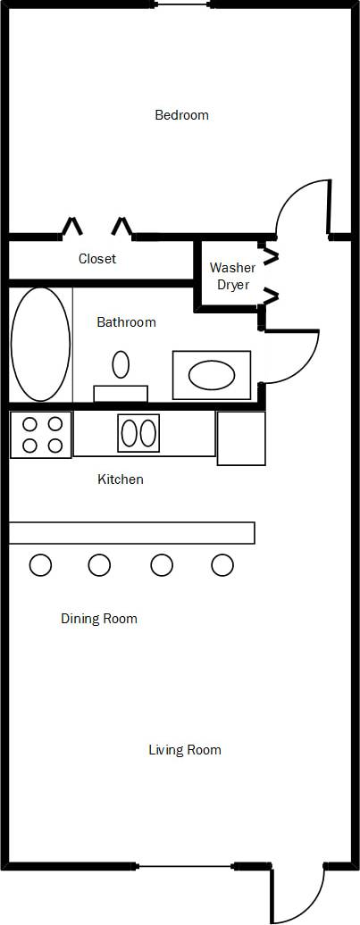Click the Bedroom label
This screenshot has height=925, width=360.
coord(181,115)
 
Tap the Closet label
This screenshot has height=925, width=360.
coord(97,259)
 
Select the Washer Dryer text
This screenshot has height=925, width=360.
coord(232,276)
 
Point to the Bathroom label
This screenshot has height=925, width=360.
coord(126,322)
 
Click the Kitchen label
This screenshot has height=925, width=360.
coord(120,479)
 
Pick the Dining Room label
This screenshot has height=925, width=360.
coord(98,618)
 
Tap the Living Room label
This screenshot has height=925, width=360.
coord(184,750)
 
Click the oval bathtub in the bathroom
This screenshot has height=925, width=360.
coord(40,344)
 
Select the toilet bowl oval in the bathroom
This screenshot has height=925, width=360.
coord(121,363)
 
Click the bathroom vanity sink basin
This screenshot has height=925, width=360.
coord(212,375)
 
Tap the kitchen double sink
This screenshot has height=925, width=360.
coord(138,433)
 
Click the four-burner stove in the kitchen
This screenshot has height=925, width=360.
coord(41,435)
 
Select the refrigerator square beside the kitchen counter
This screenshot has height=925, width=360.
coord(241,438)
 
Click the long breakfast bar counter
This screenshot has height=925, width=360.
coord(131,532)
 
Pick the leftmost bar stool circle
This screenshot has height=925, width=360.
coord(40,564)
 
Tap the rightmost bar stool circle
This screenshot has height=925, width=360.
coord(222,564)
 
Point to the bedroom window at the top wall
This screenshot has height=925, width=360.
coord(185,4)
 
